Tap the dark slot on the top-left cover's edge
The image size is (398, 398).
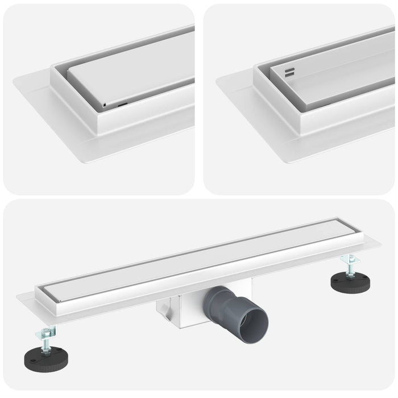coord(122,105)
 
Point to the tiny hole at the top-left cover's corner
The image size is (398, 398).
coord(103,105)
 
